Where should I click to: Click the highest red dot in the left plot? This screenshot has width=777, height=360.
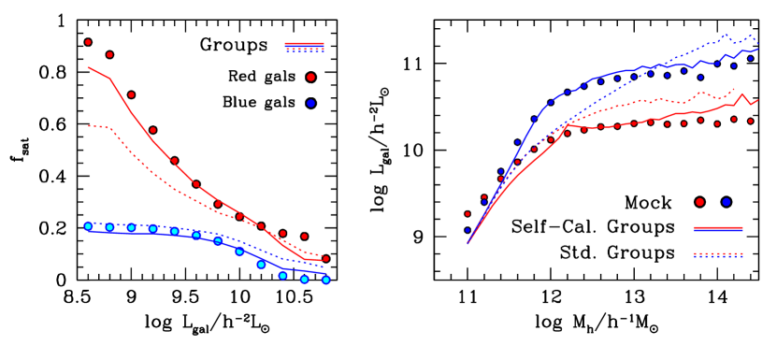coord(88,42)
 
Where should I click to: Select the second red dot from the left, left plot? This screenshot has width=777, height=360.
coord(109,54)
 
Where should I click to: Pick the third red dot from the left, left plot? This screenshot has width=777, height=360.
coord(131,94)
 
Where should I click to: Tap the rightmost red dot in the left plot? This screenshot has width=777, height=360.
coord(325,259)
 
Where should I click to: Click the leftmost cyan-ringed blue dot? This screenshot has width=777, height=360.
coord(88,226)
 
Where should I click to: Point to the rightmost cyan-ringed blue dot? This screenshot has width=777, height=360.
coord(325,280)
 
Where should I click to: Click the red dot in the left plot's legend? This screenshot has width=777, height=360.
coord(310,78)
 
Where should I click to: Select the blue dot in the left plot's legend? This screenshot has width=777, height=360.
coord(310,103)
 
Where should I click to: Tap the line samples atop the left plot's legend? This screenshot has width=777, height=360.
coord(305,47)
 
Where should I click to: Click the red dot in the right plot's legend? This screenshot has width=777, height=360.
coord(699,202)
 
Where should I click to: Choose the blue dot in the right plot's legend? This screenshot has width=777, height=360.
coord(727,202)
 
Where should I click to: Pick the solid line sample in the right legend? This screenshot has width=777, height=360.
coord(718,228)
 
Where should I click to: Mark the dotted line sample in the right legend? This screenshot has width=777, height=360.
coord(718,254)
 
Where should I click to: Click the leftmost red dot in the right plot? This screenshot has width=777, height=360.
coord(468,214)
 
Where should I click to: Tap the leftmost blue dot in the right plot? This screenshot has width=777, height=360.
coord(468,230)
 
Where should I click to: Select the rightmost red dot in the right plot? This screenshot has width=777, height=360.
coord(750,121)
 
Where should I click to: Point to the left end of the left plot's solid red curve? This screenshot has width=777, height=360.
coord(88,67)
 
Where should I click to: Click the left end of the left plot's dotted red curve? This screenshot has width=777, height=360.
coord(88,125)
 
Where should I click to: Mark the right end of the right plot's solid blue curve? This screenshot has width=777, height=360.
coord(757,49)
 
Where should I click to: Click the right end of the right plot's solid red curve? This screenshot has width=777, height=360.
coord(757,99)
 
